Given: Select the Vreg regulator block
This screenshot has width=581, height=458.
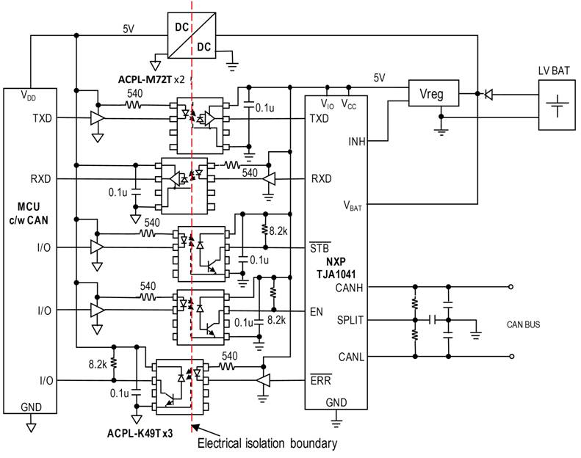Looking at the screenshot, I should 433,93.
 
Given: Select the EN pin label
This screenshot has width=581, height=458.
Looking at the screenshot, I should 317,312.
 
